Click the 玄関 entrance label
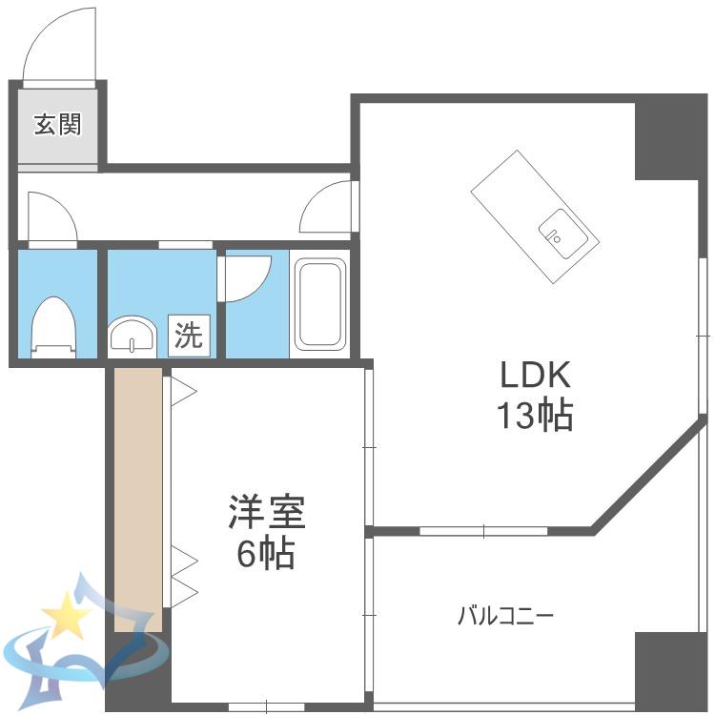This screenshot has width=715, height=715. coord(58,125)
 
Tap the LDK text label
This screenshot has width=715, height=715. coord(536,375)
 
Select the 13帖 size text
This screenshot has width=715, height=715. coord(535,415)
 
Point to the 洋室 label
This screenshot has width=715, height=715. coord(267,511)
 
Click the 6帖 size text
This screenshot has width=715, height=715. coord(265,553)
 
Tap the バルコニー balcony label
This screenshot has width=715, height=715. coord(505,616)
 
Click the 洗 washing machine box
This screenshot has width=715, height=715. coord(190,336)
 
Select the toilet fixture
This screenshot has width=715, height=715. coord(52,327)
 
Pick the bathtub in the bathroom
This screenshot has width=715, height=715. coord(319,304)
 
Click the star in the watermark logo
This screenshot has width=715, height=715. coord(67,614)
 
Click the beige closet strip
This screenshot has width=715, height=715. coord(138,500)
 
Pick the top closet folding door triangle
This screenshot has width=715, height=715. coord(184,391)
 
